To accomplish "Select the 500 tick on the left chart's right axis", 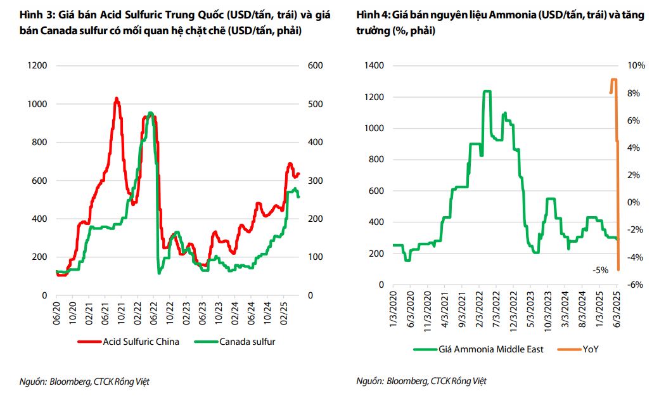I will (315, 104).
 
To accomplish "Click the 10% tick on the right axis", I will (636, 65).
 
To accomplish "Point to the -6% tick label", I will (636, 285).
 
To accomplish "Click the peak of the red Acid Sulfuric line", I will (116, 98).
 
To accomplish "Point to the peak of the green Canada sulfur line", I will (150, 113).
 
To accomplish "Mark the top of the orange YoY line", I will (613, 80).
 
